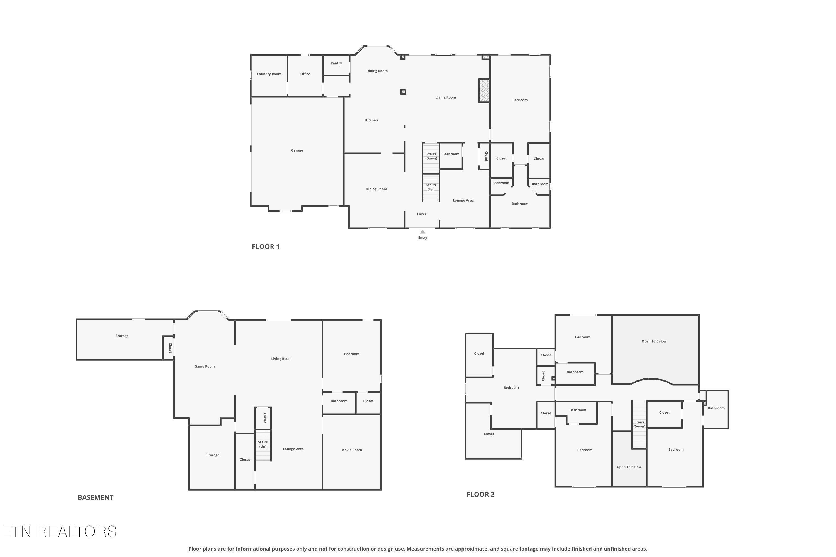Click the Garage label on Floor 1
297,150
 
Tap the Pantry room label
336,63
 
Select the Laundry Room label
269,74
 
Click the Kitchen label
371,120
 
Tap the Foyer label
422,214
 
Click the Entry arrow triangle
423,232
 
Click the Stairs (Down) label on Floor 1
431,156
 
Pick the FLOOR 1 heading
266,246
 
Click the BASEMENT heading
96,497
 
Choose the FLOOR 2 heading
480,494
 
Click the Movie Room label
351,450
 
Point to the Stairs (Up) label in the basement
263,444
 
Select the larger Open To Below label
654,341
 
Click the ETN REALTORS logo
59,531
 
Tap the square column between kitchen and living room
403,92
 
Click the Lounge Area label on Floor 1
463,200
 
